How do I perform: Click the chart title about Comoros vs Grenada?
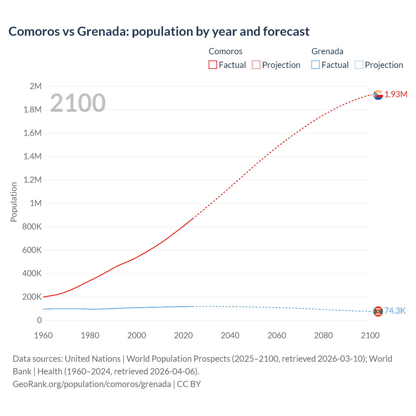coord(159,32)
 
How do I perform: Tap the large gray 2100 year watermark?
coord(78,103)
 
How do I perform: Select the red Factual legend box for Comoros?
coord(213,65)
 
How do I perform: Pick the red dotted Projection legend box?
coord(256,65)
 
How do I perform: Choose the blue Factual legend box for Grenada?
coord(315,65)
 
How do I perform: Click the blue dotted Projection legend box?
coord(359,65)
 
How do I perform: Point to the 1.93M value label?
coord(396,94)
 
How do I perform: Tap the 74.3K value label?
coord(395,311)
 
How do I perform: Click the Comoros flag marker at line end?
coord(378,95)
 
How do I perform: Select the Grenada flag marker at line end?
coord(378,311)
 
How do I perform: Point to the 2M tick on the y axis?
coord(35,86)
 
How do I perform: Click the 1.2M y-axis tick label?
coord(32,180)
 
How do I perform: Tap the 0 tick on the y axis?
coord(39,320)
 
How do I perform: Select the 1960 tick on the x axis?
coord(43,335)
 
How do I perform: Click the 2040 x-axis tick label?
coord(230,335)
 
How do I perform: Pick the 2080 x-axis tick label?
coord(323,335)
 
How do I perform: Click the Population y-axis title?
coord(14,202)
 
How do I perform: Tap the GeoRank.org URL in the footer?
coord(92,384)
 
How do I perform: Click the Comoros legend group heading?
coord(225,51)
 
